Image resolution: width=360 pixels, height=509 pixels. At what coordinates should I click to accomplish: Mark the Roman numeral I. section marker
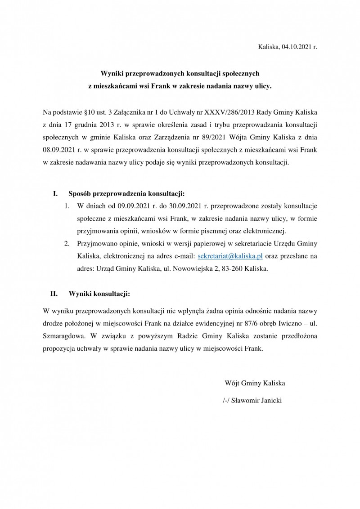[55, 194]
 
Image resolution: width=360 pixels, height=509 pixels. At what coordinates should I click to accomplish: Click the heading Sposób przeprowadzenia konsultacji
[127, 194]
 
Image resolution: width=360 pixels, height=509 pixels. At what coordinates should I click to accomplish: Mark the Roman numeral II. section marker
[54, 295]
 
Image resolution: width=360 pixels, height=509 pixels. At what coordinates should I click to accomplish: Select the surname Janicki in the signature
[269, 400]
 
